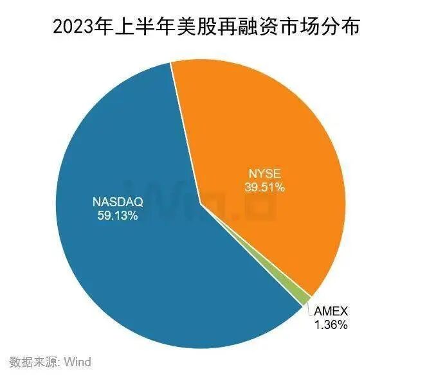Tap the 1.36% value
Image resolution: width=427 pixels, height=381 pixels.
pos(331,325)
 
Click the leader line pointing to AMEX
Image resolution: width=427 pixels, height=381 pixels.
pos(310,309)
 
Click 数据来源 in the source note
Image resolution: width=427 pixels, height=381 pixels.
pos(33,362)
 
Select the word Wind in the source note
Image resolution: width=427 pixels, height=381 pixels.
pos(77,362)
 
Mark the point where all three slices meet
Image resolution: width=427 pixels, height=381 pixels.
pos(201,204)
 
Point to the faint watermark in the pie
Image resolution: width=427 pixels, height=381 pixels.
pos(212,199)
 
